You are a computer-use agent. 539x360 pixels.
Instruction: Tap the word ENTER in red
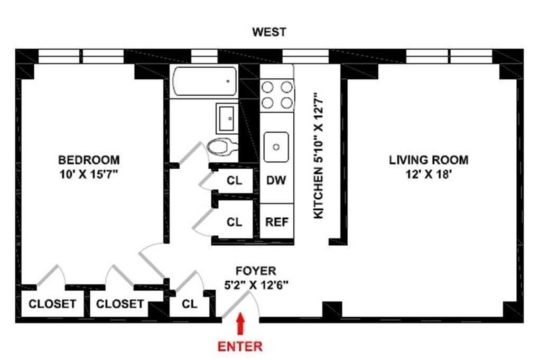[240, 347]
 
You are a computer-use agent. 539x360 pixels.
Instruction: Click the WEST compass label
[269, 32]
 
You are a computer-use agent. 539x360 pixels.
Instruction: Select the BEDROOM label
[89, 160]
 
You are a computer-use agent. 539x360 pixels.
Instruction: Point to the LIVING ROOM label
[429, 160]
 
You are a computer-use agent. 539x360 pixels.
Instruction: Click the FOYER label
[256, 271]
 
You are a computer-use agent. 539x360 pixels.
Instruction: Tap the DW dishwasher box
[276, 180]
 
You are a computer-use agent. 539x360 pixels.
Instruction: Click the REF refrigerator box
[277, 221]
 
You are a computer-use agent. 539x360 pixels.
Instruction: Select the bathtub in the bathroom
[205, 81]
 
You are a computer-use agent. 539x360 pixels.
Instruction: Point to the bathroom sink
[228, 117]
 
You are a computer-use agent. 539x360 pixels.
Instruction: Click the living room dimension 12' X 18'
[429, 174]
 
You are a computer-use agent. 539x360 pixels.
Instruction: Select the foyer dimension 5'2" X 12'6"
[256, 285]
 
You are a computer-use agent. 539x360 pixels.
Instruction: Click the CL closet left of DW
[234, 180]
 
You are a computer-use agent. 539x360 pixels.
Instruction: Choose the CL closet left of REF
[234, 222]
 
